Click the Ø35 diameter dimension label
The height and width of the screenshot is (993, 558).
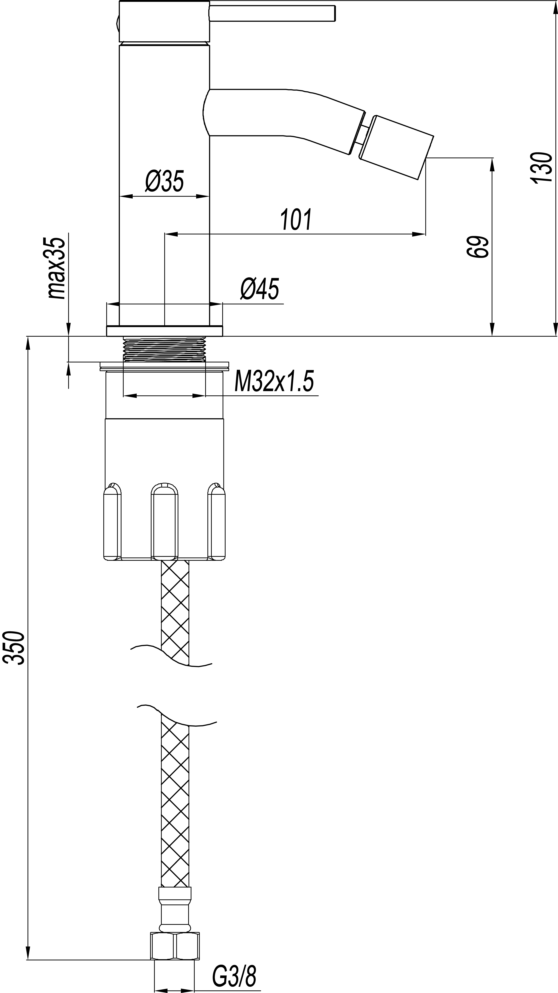pos(165,181)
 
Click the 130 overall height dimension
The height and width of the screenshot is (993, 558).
pos(541,168)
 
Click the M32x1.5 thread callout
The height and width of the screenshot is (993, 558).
pos(274,381)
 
